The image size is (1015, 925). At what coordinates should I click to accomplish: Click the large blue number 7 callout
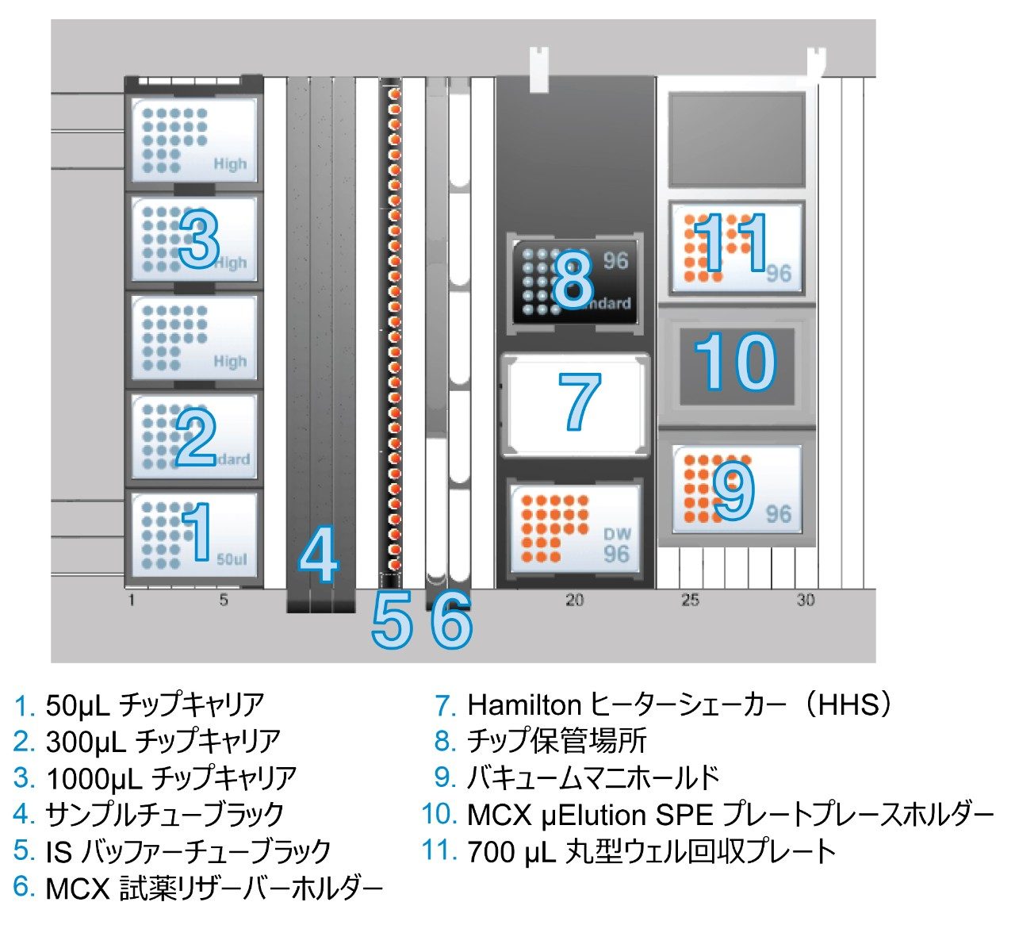(580, 402)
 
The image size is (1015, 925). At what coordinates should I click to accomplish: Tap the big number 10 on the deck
(735, 363)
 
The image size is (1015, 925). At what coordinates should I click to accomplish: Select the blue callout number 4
(319, 556)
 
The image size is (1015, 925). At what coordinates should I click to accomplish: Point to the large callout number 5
(393, 620)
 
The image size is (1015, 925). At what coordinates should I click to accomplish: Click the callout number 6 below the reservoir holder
(452, 620)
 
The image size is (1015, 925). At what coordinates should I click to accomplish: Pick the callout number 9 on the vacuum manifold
(732, 491)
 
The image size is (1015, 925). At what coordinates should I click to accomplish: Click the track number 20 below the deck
(574, 601)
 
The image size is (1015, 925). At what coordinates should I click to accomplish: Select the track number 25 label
(690, 601)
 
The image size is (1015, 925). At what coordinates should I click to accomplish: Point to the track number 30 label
(805, 601)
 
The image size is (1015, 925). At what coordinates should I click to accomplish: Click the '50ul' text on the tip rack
(232, 559)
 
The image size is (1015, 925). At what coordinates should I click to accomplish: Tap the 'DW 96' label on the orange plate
(616, 545)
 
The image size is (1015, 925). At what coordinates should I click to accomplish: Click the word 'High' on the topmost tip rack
(230, 164)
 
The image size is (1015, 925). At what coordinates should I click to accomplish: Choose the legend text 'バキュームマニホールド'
(592, 778)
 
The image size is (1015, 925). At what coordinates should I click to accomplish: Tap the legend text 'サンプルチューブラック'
(164, 815)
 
